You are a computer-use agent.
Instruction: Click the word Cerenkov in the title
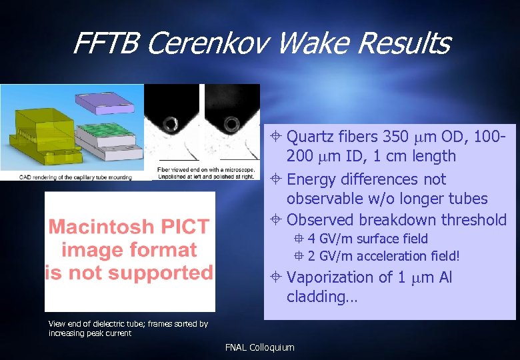pyautogui.click(x=206, y=44)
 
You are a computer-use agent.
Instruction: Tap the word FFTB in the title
pyautogui.click(x=105, y=44)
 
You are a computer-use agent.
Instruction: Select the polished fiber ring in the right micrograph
pyautogui.click(x=233, y=123)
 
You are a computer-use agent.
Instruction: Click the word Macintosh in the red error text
pyautogui.click(x=98, y=227)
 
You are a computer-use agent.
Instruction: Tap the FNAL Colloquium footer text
pyautogui.click(x=259, y=347)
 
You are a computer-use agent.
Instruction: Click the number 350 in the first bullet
pyautogui.click(x=397, y=137)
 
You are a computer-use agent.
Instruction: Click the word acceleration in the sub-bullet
pyautogui.click(x=390, y=256)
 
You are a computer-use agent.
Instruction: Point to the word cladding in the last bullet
pyautogui.click(x=317, y=297)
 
